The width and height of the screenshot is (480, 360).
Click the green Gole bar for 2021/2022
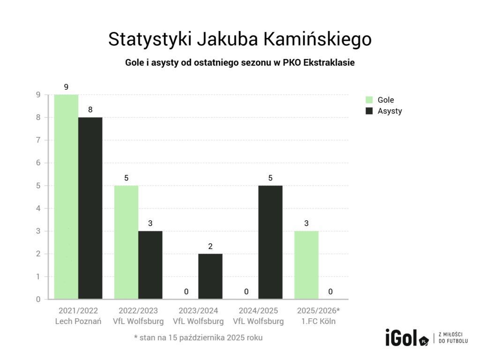[x=66, y=197]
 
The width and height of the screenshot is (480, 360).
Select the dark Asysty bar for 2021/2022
[x=90, y=208]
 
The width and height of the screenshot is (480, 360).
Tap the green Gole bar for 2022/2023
[x=126, y=242]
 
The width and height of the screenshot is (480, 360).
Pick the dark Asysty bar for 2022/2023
[x=150, y=265]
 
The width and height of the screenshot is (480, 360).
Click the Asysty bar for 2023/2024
[x=210, y=277]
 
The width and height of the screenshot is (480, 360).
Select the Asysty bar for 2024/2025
[x=270, y=242]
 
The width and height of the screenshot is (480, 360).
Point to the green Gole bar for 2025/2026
[x=306, y=265]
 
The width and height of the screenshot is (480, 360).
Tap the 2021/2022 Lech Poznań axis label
[x=78, y=316]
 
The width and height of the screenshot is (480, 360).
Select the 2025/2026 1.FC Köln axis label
[x=318, y=316]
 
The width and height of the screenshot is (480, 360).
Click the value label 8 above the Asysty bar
[x=90, y=110]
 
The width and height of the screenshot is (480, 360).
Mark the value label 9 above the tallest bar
[x=66, y=87]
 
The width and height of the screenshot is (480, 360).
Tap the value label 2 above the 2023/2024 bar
[x=210, y=246]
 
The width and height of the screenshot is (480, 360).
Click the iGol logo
[x=406, y=338]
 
